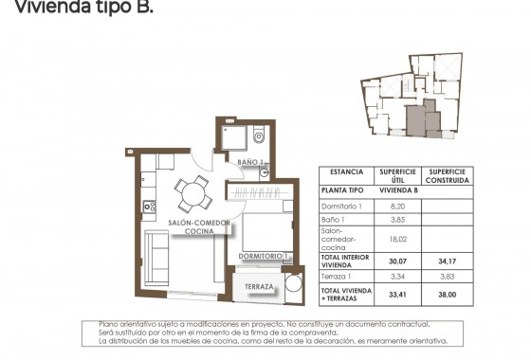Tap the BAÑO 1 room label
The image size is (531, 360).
(248, 164)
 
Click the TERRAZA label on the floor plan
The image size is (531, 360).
(259, 286)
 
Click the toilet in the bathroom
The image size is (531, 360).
(259, 137)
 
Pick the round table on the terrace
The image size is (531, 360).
(293, 285)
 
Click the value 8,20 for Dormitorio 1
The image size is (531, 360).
(398, 205)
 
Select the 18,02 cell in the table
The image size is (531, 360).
(398, 240)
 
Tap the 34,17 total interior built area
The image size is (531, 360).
(447, 260)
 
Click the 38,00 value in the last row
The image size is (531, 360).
(447, 295)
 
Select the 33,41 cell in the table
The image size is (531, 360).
(398, 295)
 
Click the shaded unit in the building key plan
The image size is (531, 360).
(417, 118)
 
